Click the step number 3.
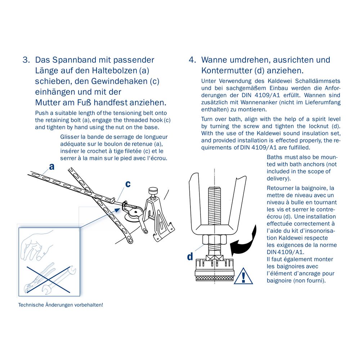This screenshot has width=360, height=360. coord(26,60)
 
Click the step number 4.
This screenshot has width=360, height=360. coord(192,60)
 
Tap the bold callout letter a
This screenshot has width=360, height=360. coord(52,167)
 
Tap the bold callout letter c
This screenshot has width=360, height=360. coord(128,184)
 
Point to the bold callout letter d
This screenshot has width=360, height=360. coord(190,256)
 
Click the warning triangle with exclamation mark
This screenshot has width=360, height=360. coord(243,276)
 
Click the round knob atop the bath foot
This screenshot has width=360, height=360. coord(153,191)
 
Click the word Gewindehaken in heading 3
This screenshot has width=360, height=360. coord(119,81)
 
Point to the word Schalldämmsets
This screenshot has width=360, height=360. coord(318,81)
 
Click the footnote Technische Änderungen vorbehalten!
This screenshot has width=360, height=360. coord(60,305)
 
